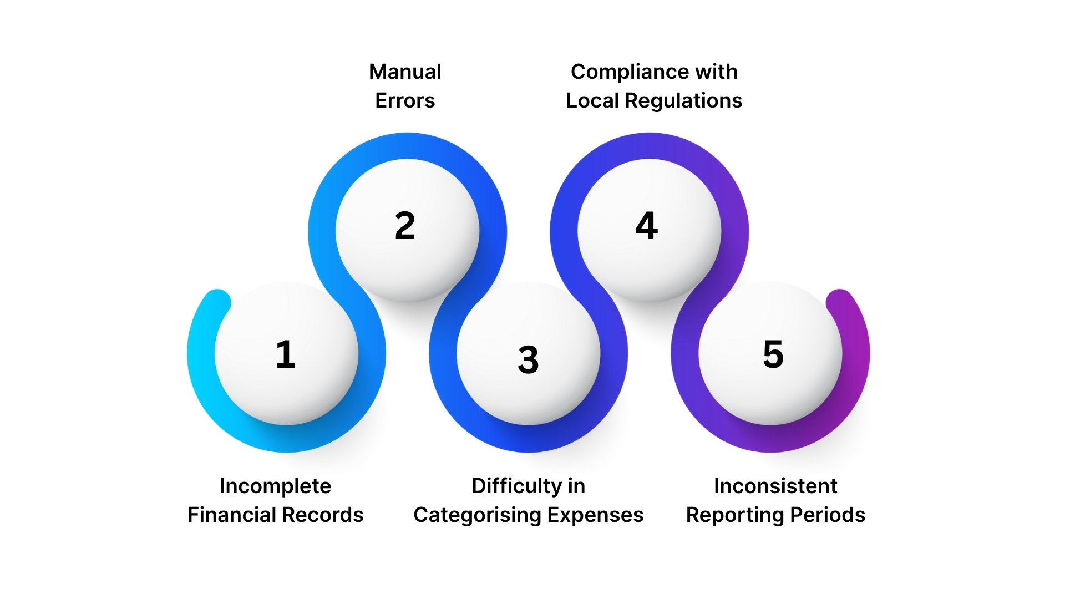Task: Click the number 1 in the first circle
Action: point(286,354)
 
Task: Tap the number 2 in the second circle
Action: point(405,226)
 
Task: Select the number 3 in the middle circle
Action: point(528,359)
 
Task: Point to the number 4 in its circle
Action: point(647,226)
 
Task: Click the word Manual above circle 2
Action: point(405,72)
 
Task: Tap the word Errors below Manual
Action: point(405,100)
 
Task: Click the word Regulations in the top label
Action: point(683,100)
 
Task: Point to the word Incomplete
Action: point(275,486)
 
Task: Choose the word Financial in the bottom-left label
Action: point(229,515)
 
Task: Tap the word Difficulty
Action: point(516,486)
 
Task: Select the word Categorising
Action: point(477,515)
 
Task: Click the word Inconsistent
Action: point(775,486)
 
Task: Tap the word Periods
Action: point(828,515)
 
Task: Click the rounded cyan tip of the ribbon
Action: point(217,302)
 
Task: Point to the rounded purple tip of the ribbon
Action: point(840,302)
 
